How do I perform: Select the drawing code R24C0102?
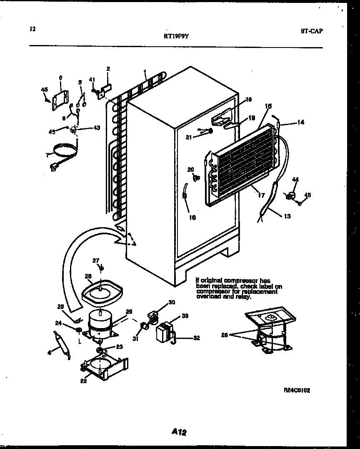point(297,390)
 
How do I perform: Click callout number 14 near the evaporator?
point(300,123)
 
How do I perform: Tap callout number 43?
point(96,128)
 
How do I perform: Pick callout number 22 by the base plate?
point(83,380)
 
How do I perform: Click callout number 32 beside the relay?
point(196,338)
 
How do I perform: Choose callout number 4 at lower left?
point(49,353)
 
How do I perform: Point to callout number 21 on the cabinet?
point(189,137)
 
